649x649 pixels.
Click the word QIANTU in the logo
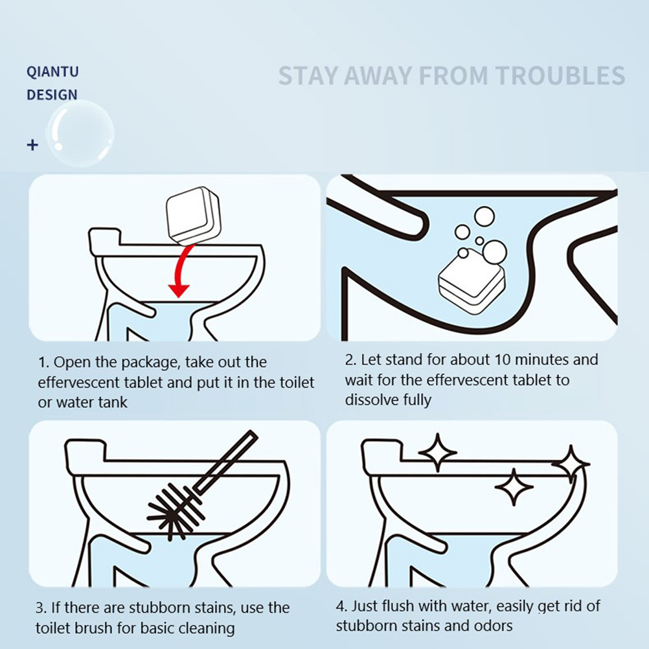click(52, 72)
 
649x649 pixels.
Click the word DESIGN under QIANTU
click(52, 95)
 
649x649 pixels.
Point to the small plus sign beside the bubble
click(32, 145)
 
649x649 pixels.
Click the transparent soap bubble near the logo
click(80, 133)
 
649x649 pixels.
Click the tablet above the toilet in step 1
click(193, 216)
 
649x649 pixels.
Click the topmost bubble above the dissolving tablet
click(484, 216)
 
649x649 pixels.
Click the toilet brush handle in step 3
click(226, 462)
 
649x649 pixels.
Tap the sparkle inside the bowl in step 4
click(514, 487)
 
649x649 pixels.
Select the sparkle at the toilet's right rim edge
click(571, 464)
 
